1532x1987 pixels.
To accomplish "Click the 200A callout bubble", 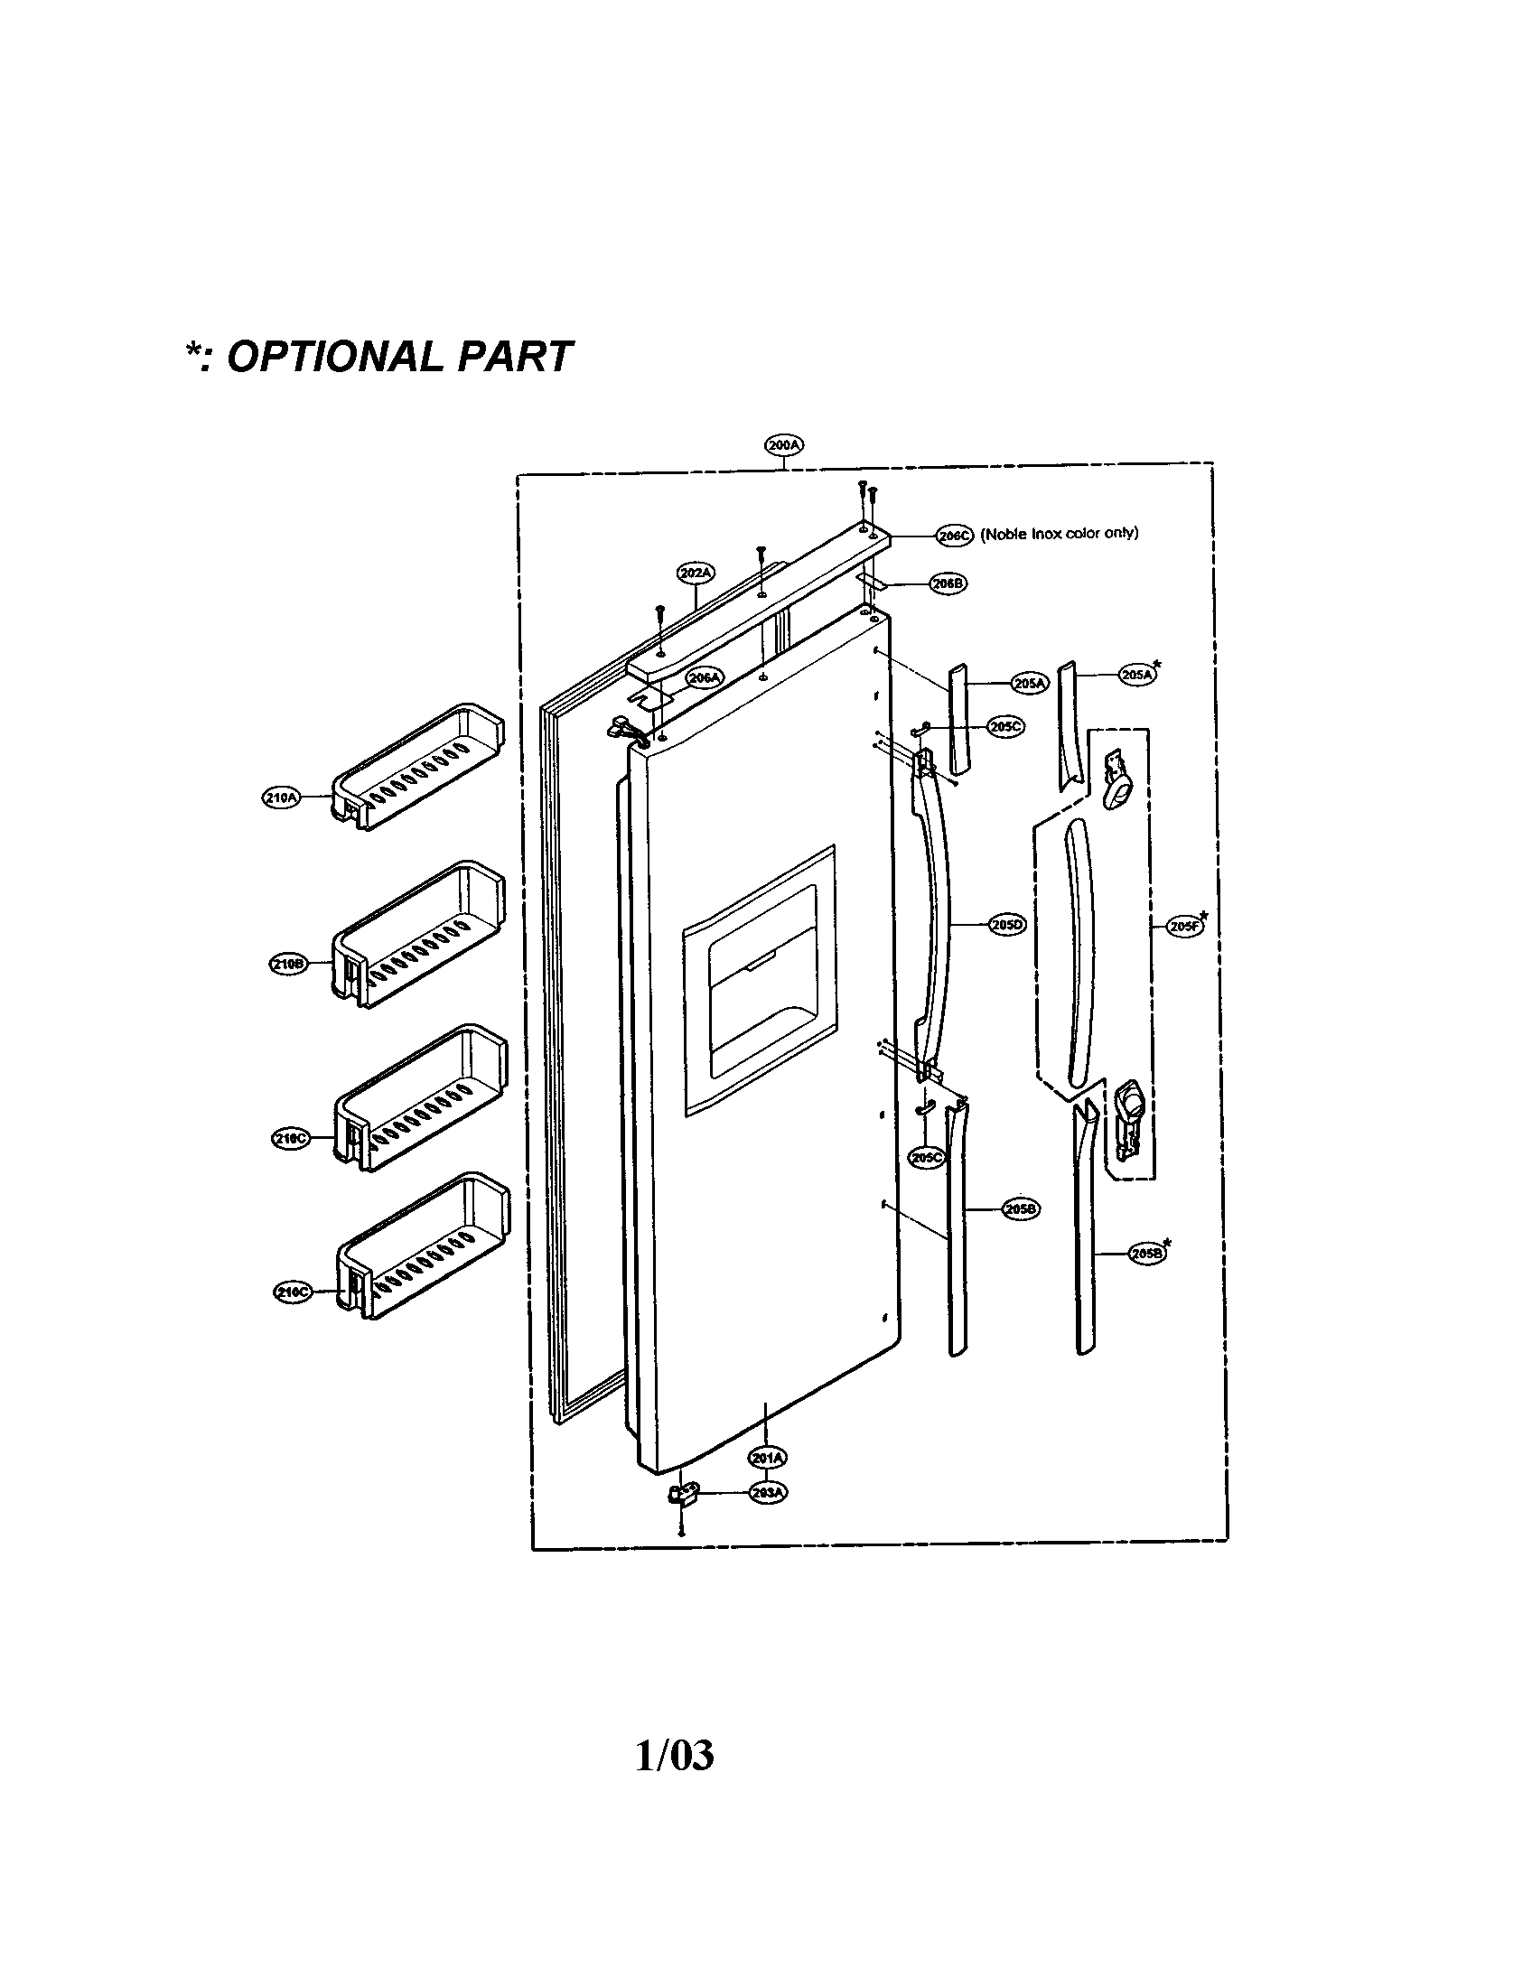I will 782,446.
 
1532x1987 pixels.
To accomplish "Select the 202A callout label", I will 696,574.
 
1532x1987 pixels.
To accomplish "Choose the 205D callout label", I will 1007,924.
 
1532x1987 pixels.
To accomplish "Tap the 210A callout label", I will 280,798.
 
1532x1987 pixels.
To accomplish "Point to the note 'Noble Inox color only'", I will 1059,534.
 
